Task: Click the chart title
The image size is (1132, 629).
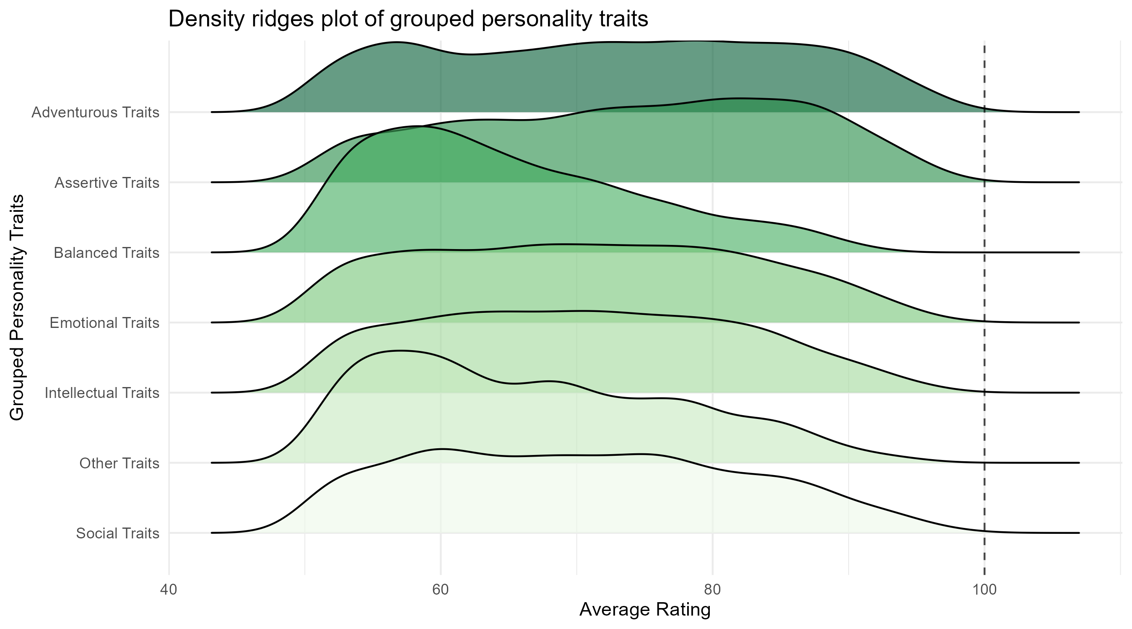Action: [x=408, y=19]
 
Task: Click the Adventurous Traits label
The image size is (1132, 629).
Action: [x=95, y=112]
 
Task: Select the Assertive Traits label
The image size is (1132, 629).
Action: [x=107, y=182]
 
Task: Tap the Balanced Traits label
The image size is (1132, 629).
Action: [x=106, y=253]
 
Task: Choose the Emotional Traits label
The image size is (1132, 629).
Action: [x=104, y=323]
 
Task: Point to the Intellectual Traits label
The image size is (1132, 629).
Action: [x=102, y=392]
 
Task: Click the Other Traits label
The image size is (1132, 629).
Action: [x=119, y=463]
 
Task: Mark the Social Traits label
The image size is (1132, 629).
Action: [x=117, y=533]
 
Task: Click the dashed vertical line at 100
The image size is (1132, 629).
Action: [x=984, y=308]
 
